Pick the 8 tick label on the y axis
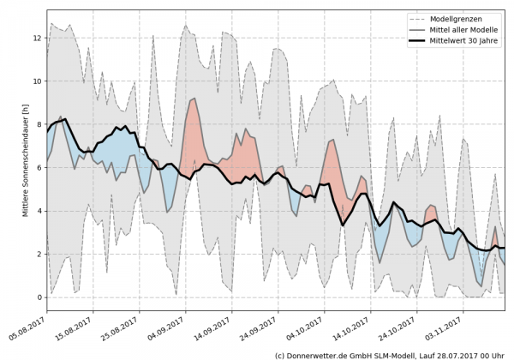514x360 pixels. tap(38, 124)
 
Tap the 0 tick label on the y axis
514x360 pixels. tap(38, 297)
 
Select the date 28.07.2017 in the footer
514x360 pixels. tap(457, 354)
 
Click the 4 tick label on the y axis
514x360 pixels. tap(38, 211)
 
